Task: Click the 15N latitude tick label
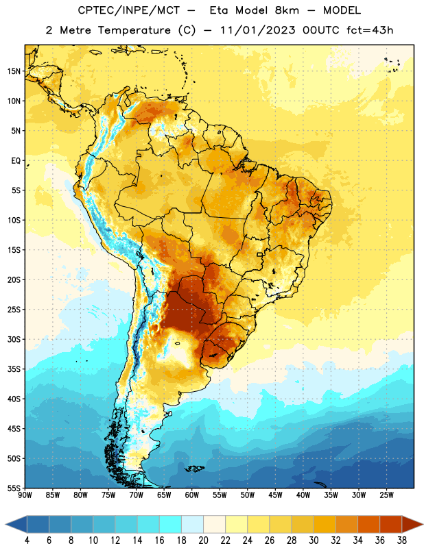14,71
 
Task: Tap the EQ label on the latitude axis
16,161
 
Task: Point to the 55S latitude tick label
14,488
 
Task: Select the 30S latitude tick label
14,339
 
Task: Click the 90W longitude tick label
25,495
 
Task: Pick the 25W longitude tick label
386,495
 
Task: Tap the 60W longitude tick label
192,495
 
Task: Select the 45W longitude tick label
275,495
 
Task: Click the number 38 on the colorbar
401,540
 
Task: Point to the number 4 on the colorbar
27,540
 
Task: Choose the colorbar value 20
203,540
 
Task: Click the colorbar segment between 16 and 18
171,524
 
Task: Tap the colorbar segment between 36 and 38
391,524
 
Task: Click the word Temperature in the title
134,30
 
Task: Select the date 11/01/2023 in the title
258,30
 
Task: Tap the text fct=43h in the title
370,30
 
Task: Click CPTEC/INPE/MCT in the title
128,10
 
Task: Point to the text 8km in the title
287,10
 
